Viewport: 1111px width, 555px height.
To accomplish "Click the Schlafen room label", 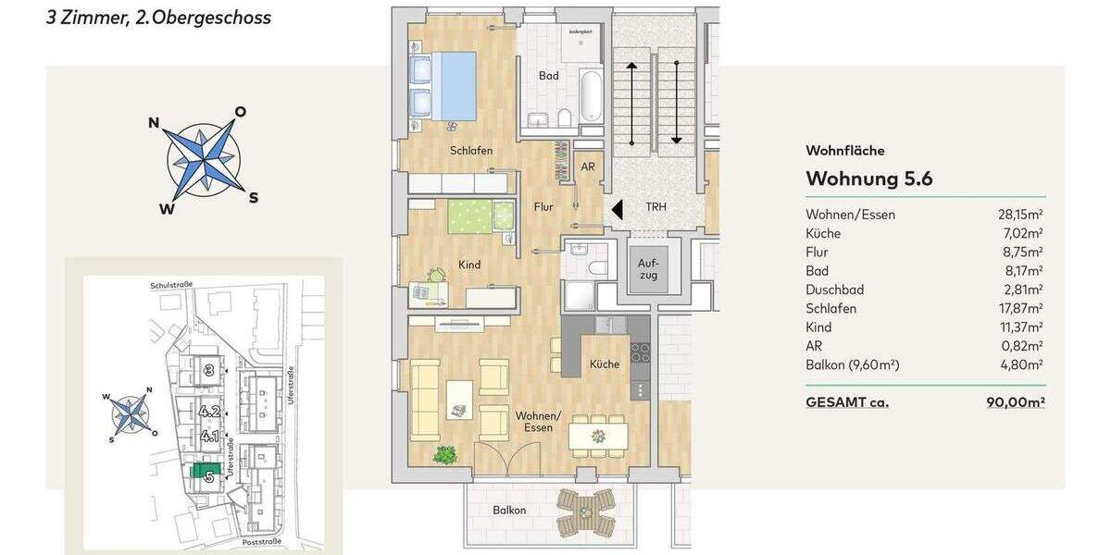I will pyautogui.click(x=471, y=151).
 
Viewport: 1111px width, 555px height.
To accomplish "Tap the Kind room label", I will pyautogui.click(x=469, y=265).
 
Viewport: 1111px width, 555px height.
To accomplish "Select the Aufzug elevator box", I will pyautogui.click(x=648, y=269).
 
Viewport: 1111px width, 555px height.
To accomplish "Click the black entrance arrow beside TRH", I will pyautogui.click(x=617, y=209).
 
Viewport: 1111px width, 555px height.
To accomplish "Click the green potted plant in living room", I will pyautogui.click(x=446, y=455).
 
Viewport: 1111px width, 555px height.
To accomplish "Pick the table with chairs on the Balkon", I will pyautogui.click(x=584, y=512).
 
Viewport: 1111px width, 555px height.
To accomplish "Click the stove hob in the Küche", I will pyautogui.click(x=640, y=351).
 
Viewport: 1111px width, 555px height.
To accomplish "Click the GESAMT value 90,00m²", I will pyautogui.click(x=1016, y=402).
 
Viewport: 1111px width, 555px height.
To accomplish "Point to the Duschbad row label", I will pyautogui.click(x=834, y=290).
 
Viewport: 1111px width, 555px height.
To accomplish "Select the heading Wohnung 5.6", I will pyautogui.click(x=868, y=179).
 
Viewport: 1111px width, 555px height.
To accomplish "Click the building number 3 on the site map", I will pyautogui.click(x=210, y=371).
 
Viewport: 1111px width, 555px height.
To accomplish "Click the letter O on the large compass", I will pyautogui.click(x=240, y=112).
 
